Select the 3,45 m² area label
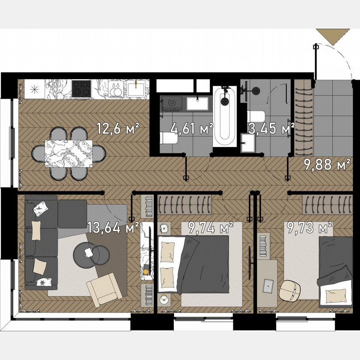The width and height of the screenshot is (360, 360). coord(271,128)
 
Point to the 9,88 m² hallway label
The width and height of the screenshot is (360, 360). coord(326,165)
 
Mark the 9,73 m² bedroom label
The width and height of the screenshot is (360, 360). coord(308,227)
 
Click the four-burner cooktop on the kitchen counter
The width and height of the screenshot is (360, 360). coord(81,88)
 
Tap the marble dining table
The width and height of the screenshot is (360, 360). coord(68,153)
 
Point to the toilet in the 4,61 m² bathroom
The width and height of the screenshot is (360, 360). coord(168,137)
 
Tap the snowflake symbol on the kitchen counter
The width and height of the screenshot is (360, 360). coord(35,88)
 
